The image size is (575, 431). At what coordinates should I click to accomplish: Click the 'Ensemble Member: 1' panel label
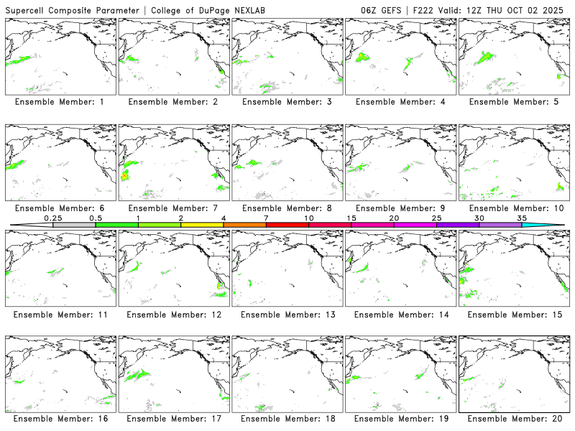click(61, 102)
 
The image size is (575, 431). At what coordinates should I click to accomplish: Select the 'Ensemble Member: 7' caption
click(175, 208)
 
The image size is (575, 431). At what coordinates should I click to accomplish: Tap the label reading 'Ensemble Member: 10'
click(515, 208)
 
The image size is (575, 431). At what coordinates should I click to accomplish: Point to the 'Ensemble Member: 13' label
click(288, 314)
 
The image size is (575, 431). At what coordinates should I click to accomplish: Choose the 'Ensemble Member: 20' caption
click(515, 419)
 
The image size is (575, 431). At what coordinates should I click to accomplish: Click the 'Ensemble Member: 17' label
click(175, 419)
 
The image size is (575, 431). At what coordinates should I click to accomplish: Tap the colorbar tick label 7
click(266, 217)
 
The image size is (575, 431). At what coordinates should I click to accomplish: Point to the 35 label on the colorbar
click(522, 217)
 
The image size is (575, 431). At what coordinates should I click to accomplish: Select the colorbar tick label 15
click(351, 217)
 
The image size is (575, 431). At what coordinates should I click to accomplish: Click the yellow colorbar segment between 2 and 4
click(202, 225)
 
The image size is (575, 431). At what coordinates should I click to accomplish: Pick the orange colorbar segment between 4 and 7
click(244, 225)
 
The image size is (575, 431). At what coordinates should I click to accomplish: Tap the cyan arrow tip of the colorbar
click(553, 225)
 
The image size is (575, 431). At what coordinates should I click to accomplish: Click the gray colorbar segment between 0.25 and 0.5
click(74, 225)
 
